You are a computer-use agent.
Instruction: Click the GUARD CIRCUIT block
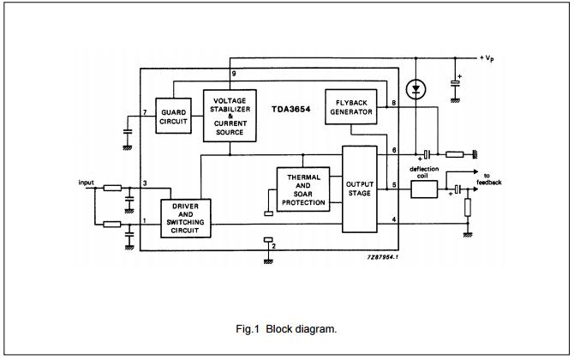pyautogui.click(x=174, y=117)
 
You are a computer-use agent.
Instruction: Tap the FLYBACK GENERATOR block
pyautogui.click(x=350, y=106)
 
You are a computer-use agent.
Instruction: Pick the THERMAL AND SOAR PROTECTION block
pyautogui.click(x=302, y=190)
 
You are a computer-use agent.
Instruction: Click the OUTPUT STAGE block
pyautogui.click(x=359, y=189)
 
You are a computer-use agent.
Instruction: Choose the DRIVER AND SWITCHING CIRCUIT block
pyautogui.click(x=185, y=218)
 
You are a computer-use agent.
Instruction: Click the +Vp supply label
pyautogui.click(x=488, y=57)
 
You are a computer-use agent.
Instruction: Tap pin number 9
pyautogui.click(x=233, y=75)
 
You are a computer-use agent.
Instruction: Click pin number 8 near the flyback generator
pyautogui.click(x=393, y=104)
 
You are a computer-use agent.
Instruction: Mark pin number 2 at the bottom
pyautogui.click(x=273, y=246)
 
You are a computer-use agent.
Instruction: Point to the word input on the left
pyautogui.click(x=86, y=182)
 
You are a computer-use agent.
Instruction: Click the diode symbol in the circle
pyautogui.click(x=416, y=88)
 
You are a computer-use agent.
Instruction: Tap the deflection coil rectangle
pyautogui.click(x=424, y=189)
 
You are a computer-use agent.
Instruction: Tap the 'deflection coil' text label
pyautogui.click(x=424, y=172)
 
